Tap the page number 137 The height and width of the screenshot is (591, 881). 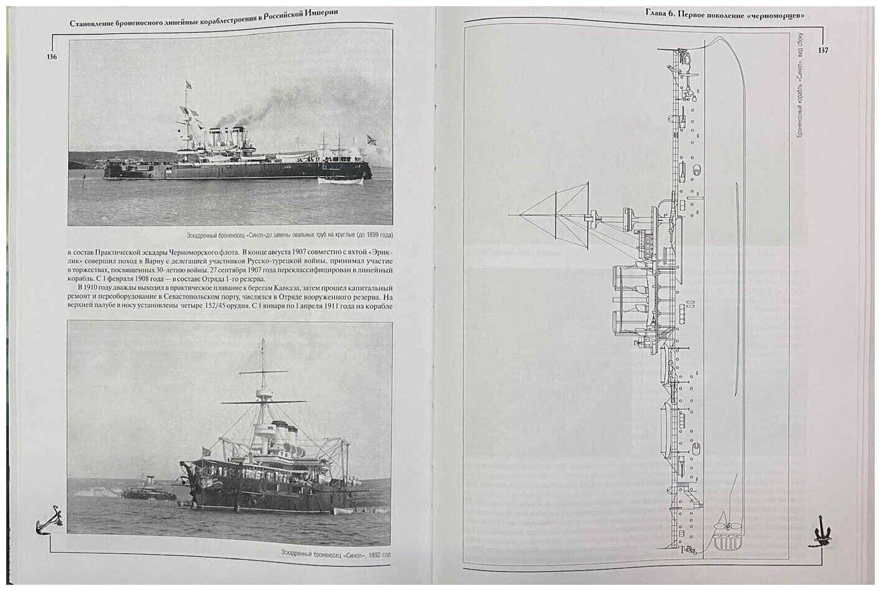tap(823, 51)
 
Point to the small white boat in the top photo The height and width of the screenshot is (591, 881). tap(338, 181)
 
